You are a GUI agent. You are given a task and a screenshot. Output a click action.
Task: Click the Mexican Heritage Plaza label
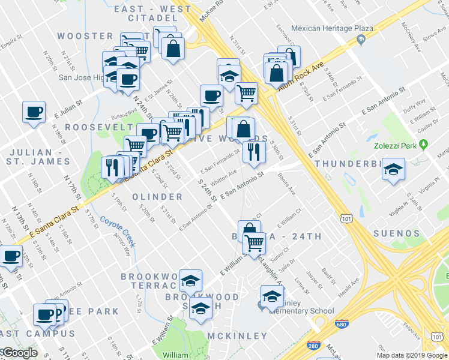(332, 28)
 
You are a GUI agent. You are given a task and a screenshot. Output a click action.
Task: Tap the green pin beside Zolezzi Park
(423, 145)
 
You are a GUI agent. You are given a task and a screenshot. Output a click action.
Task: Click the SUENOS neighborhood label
(396, 233)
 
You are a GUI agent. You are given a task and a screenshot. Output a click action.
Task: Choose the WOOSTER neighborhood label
(86, 36)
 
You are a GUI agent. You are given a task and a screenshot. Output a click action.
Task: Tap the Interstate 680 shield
(343, 324)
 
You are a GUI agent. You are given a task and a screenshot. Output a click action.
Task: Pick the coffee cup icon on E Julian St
(34, 112)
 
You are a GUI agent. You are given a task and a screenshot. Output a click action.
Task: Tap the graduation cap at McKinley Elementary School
(272, 295)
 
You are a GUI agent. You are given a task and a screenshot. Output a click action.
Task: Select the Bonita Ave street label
(286, 184)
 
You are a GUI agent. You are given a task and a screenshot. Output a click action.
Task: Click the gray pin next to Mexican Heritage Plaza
(361, 40)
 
